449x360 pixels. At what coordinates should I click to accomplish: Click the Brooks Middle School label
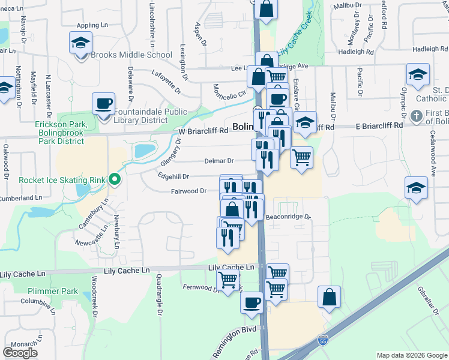pos(131,55)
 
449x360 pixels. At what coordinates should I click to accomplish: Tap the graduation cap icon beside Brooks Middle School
pos(80,44)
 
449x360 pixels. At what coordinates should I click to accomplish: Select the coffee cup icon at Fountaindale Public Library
pos(103,103)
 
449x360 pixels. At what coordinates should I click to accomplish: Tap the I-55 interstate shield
pos(323,340)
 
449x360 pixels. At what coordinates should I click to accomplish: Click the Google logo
pos(20,353)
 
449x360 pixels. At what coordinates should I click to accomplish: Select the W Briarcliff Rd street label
pos(203,130)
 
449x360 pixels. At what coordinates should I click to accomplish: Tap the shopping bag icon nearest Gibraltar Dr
pos(330,296)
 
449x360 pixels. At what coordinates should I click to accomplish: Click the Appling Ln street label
pos(91,26)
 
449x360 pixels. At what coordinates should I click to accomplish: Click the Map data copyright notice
pos(411,355)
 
